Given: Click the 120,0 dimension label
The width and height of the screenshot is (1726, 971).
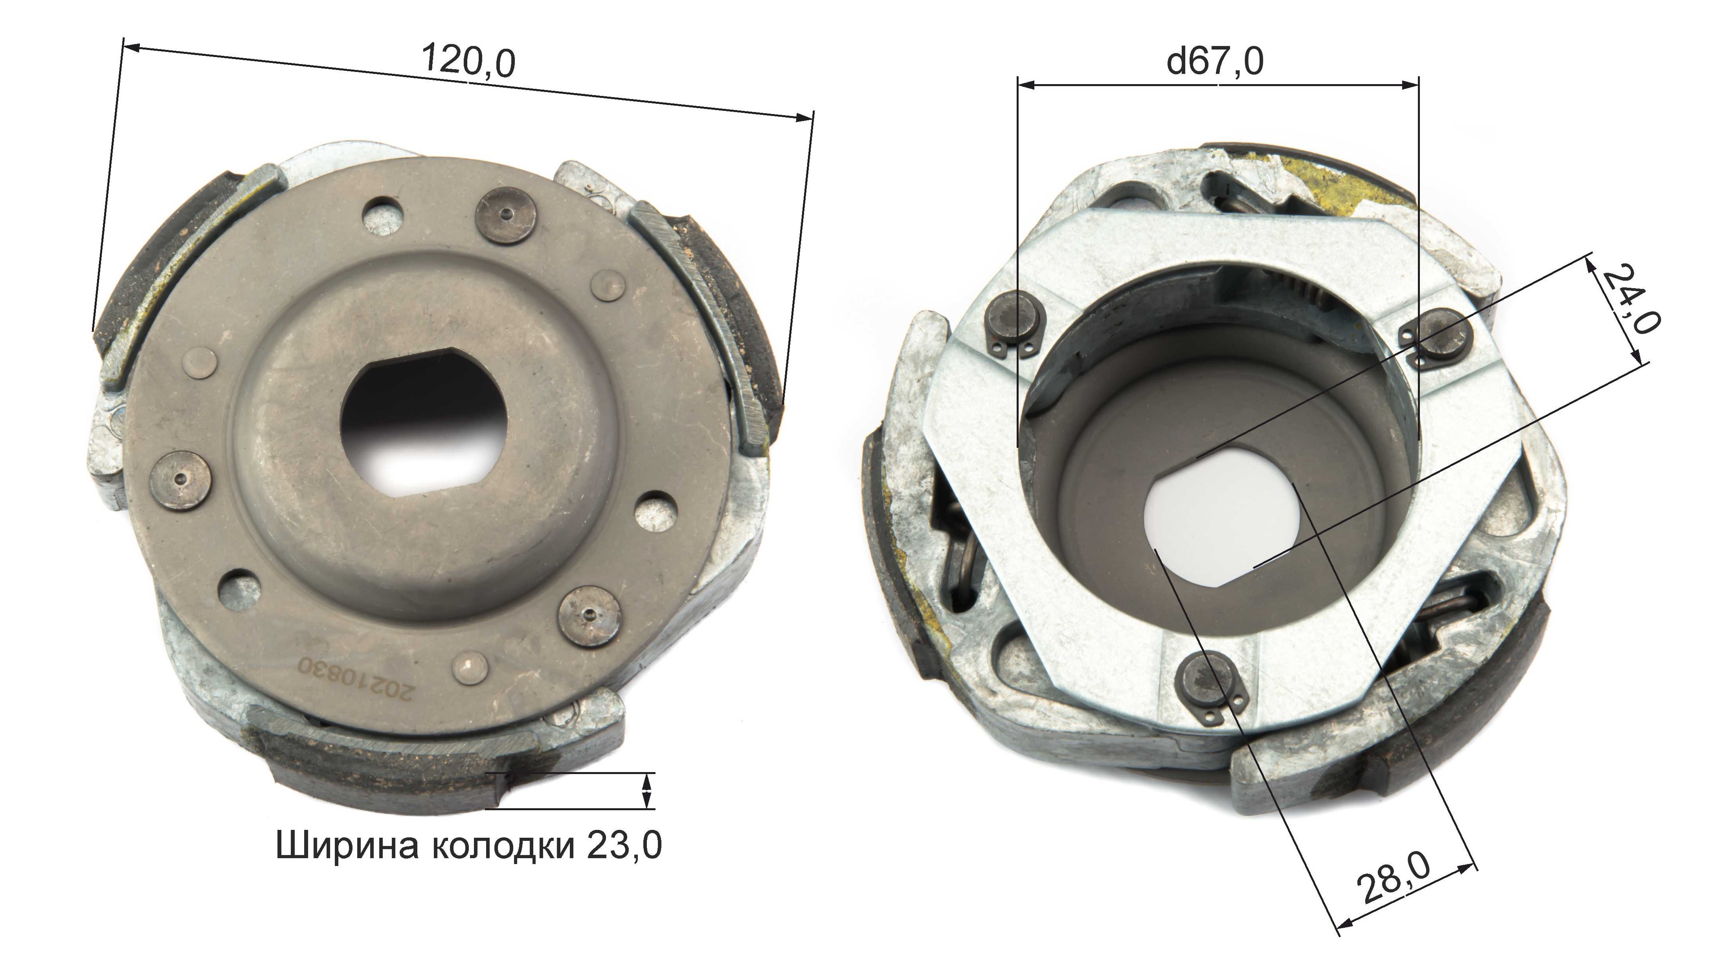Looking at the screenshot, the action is (x=469, y=62).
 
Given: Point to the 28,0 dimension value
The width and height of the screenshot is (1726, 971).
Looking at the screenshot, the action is (x=1393, y=878).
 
